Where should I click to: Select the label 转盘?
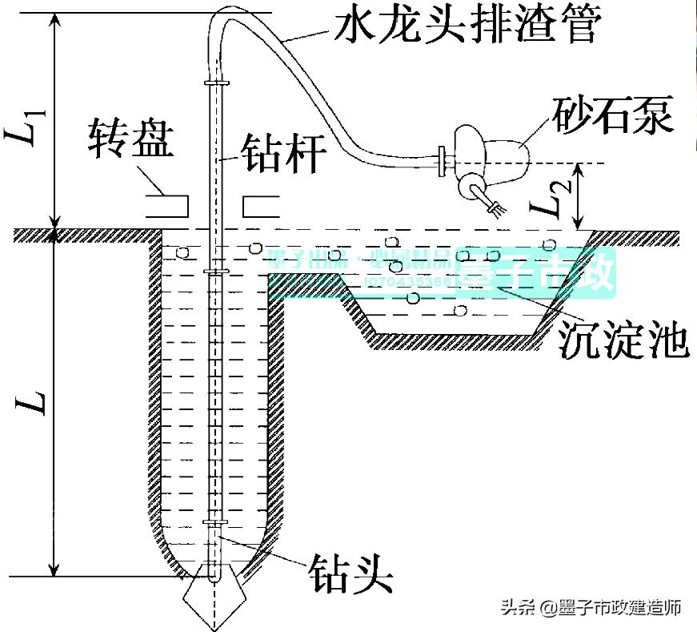(x=129, y=142)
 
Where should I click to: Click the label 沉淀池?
(x=623, y=340)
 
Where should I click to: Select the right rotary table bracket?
(x=261, y=205)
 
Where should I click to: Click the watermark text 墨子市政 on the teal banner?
(x=536, y=271)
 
